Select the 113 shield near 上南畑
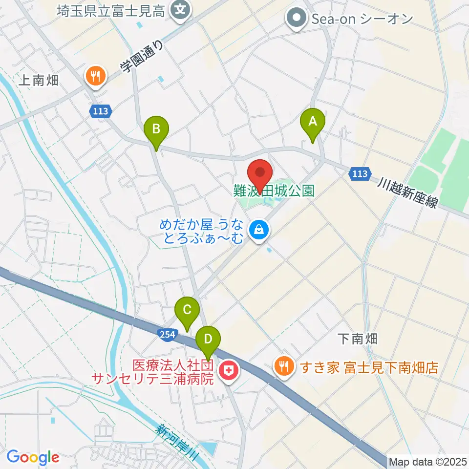point(100,111)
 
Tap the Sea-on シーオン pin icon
point(296,19)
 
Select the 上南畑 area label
point(39,81)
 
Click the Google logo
point(33,457)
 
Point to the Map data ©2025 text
point(428,462)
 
